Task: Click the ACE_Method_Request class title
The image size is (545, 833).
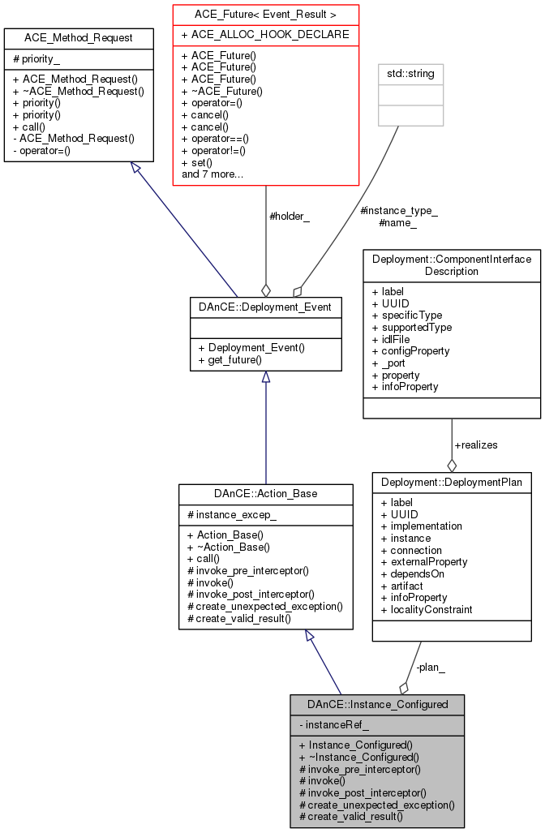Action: (x=79, y=37)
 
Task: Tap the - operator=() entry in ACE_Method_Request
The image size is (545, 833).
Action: (x=45, y=150)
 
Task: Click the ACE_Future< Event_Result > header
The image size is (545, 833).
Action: (x=265, y=14)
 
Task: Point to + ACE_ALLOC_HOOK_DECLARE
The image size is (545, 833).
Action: (x=265, y=35)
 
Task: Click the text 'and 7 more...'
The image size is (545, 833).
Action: (x=212, y=174)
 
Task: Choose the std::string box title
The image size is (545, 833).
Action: (x=411, y=74)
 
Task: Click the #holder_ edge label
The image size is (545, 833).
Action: (x=290, y=217)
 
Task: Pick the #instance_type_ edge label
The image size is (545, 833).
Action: (x=398, y=211)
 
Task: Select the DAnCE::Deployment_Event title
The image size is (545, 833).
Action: (x=265, y=307)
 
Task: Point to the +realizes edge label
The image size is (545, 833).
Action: (x=476, y=444)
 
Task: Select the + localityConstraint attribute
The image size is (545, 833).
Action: (x=427, y=609)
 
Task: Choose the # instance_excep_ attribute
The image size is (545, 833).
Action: (x=231, y=515)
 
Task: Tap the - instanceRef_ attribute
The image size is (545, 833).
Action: (x=334, y=724)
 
